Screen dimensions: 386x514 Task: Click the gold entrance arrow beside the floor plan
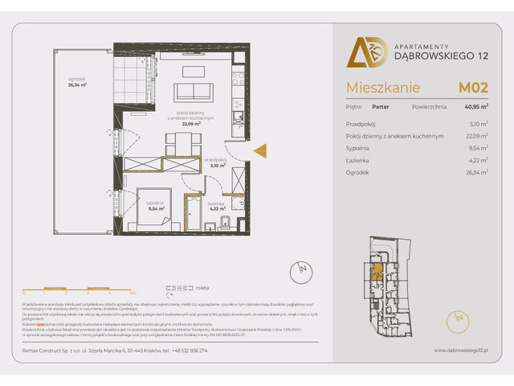(x=260, y=150)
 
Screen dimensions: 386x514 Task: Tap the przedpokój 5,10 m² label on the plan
(x=216, y=163)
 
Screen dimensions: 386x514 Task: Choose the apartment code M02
(x=474, y=87)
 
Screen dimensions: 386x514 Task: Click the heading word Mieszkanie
(x=373, y=88)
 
